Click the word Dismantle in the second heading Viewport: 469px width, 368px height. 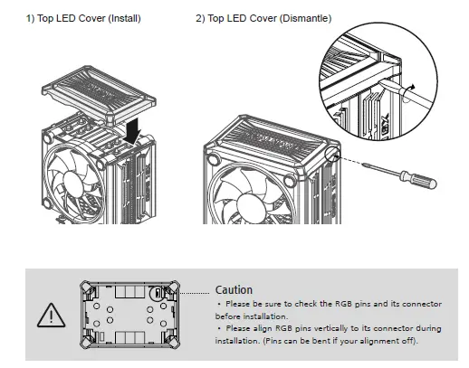[x=306, y=18]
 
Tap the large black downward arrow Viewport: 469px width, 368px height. [x=134, y=133]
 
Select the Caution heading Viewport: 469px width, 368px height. [x=234, y=290]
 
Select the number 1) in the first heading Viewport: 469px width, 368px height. [x=32, y=18]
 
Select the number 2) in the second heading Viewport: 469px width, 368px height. [x=201, y=18]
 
